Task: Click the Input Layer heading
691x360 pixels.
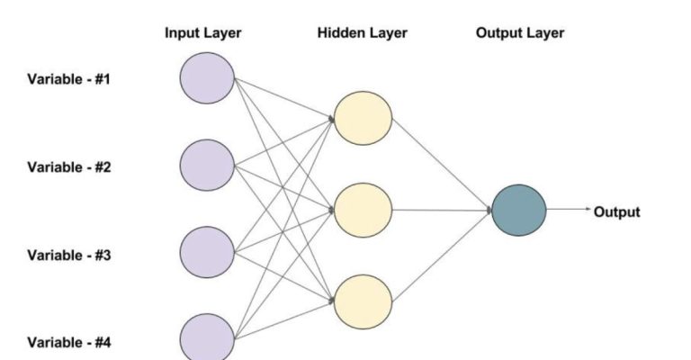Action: (202, 33)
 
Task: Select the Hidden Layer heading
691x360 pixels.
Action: (362, 33)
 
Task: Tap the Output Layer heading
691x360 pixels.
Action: (519, 33)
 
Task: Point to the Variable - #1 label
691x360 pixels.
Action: (68, 79)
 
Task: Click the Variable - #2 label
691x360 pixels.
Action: (68, 166)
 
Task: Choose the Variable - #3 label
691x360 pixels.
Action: (68, 255)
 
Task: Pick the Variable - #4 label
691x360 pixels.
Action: (68, 342)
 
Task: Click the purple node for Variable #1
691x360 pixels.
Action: (207, 78)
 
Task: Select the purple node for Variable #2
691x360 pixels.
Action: (207, 166)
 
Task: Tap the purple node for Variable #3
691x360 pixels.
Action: (207, 254)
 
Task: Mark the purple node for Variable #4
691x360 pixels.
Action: (207, 338)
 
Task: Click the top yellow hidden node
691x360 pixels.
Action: (363, 118)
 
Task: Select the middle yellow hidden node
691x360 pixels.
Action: (363, 210)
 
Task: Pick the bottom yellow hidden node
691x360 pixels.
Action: (363, 301)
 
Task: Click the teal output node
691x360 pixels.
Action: (519, 211)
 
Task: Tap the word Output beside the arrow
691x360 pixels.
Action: (616, 212)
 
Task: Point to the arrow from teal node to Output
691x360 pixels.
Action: (567, 211)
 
